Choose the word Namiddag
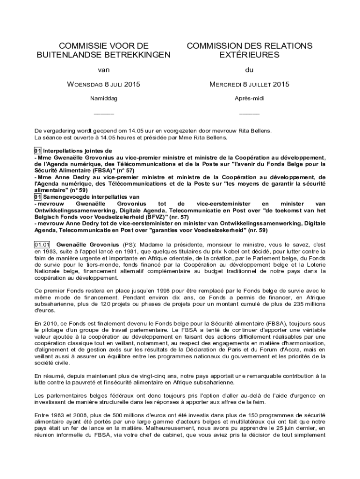pyautogui.click(x=103, y=99)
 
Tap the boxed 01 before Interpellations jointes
pyautogui.click(x=38, y=151)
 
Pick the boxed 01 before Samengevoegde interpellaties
pyautogui.click(x=38, y=197)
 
